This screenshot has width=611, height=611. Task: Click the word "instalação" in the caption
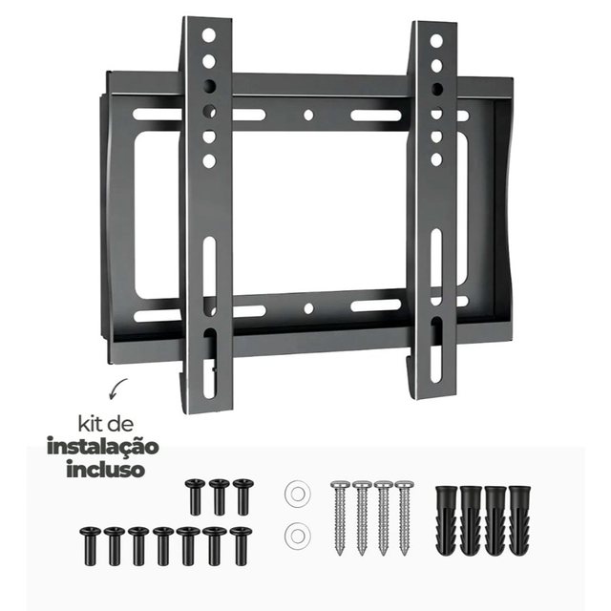[103, 447]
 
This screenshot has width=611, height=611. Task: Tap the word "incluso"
[106, 469]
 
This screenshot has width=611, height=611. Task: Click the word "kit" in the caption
[89, 424]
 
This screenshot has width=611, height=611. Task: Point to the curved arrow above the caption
[118, 389]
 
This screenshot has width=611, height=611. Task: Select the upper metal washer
[297, 495]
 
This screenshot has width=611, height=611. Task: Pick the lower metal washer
[297, 535]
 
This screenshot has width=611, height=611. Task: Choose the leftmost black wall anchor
[446, 520]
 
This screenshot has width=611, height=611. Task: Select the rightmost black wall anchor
[519, 520]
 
